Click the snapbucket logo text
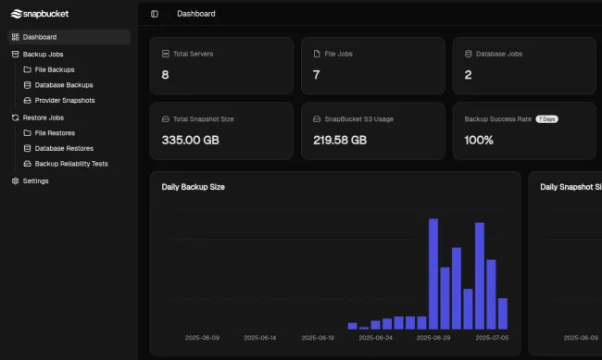[x=39, y=14]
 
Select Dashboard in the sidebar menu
[x=39, y=37]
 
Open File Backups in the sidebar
[x=54, y=69]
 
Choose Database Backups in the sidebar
[x=63, y=85]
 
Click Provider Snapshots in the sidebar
[x=64, y=100]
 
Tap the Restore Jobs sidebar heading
[x=43, y=118]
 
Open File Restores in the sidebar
[x=55, y=133]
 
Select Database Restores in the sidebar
[x=63, y=148]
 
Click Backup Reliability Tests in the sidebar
[x=70, y=163]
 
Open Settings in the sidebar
[x=35, y=180]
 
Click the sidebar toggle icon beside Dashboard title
[x=155, y=14]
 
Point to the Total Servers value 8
[x=165, y=75]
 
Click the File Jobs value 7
[x=317, y=75]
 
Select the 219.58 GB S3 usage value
[x=340, y=141]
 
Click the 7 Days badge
[x=546, y=119]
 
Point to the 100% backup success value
[x=479, y=141]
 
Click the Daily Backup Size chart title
[x=193, y=187]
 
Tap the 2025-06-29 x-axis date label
[x=434, y=338]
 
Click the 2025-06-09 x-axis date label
[x=203, y=338]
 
